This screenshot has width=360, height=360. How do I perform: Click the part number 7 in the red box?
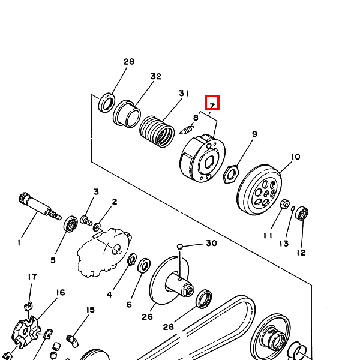(212, 106)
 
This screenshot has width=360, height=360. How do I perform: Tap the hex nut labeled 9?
(231, 174)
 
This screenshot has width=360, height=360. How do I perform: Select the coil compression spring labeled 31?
(157, 131)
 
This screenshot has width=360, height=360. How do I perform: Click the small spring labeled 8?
(187, 130)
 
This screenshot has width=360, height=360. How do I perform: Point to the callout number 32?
(156, 76)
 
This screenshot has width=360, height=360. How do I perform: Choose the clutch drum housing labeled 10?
(259, 190)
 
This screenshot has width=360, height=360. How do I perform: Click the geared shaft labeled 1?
(39, 206)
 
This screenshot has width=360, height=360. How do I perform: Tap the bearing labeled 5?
(70, 224)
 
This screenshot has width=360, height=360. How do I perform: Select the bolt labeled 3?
(86, 220)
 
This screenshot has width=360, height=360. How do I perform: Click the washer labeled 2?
(97, 227)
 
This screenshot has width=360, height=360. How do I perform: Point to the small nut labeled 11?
(284, 204)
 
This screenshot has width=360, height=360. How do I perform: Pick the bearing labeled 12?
(301, 213)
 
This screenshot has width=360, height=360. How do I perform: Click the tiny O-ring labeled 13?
(293, 208)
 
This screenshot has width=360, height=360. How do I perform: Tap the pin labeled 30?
(180, 247)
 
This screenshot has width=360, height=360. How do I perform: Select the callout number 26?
(147, 317)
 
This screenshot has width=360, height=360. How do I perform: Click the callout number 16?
(61, 292)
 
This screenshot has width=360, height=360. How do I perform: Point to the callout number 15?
(91, 310)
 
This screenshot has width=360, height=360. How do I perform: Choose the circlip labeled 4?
(132, 259)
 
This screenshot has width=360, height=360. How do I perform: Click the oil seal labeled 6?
(144, 265)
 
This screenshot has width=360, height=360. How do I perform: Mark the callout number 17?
(32, 277)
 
